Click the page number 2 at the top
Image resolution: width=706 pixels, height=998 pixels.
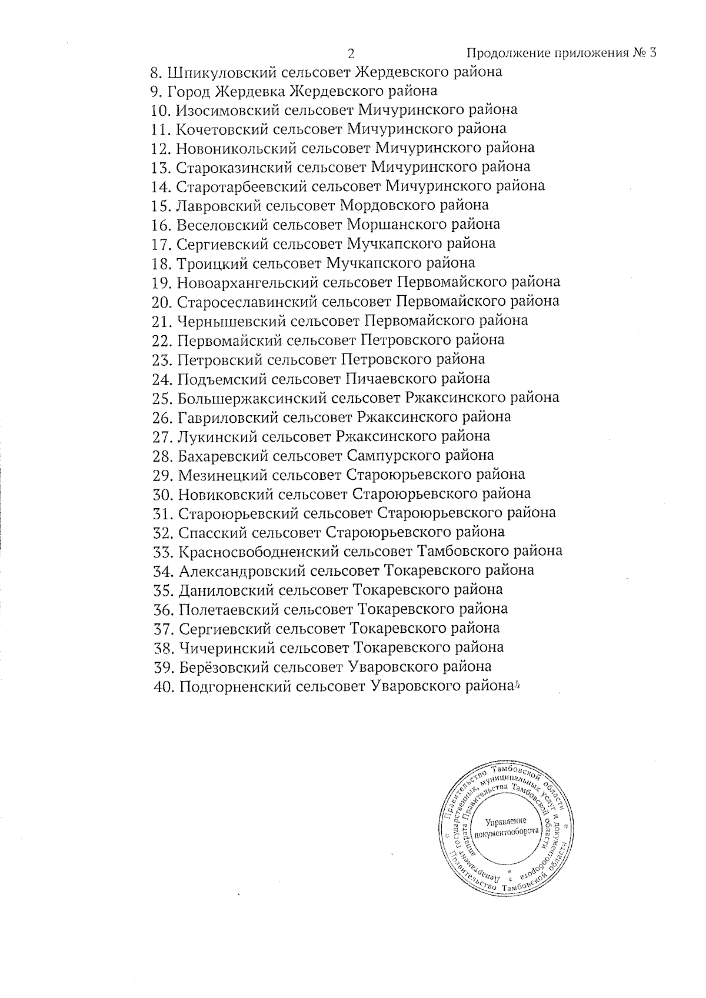(351, 54)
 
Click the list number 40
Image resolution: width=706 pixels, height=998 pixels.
(162, 687)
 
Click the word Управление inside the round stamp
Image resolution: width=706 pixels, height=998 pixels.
(507, 822)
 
